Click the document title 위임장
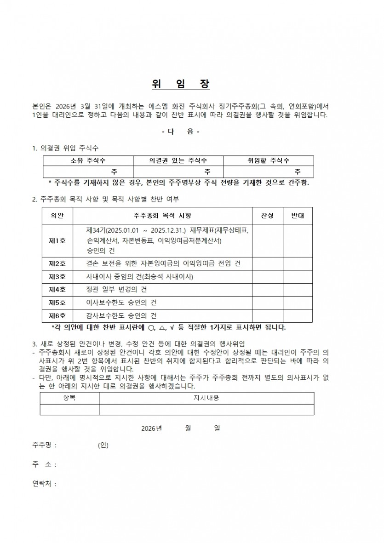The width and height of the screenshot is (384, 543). click(181, 85)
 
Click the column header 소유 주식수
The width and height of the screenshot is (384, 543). click(88, 160)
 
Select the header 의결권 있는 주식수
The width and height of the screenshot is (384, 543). click(178, 160)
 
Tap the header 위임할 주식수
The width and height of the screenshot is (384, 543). click(269, 160)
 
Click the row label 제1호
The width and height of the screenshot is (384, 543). click(57, 240)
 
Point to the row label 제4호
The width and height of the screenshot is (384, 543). click(57, 290)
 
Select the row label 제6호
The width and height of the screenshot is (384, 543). click(57, 316)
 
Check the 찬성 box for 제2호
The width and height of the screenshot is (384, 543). click(267, 263)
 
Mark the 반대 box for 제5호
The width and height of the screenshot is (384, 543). click(298, 303)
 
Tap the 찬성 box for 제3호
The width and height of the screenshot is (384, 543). click(267, 277)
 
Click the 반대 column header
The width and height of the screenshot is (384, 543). click(298, 215)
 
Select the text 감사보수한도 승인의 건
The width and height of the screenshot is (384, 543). click(121, 316)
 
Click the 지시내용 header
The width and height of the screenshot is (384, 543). click(206, 398)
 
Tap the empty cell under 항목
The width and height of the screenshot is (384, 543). click(69, 409)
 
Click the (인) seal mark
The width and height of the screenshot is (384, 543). click(103, 445)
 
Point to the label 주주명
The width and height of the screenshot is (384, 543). click(44, 445)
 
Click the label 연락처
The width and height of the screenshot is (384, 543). click(44, 484)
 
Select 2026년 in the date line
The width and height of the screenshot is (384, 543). click(152, 428)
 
